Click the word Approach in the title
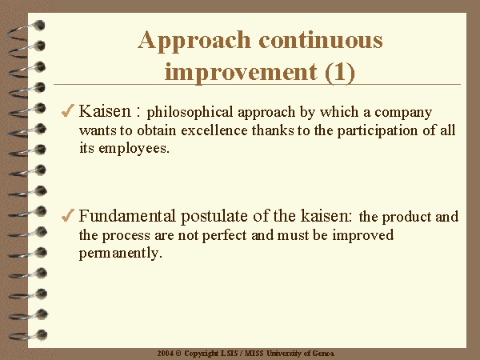[194, 41]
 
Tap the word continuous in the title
[321, 40]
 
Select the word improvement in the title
[241, 73]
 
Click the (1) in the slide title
[340, 73]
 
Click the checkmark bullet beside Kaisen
[68, 110]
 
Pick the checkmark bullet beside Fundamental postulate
[68, 215]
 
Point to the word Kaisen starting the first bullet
[105, 111]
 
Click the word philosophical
[190, 113]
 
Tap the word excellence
[214, 130]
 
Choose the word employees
[134, 149]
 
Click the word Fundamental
[127, 216]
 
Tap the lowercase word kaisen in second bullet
[326, 216]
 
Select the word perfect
[224, 236]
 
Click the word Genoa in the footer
[323, 354]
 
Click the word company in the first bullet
[403, 113]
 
